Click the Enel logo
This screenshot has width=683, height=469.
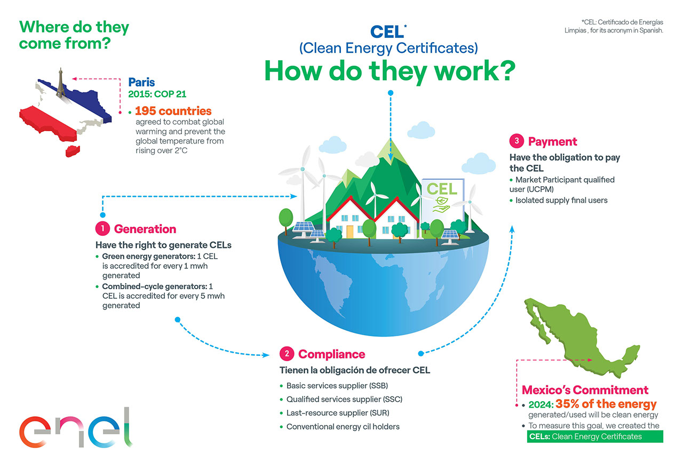tap(76, 427)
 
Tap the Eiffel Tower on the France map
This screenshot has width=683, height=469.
tap(61, 82)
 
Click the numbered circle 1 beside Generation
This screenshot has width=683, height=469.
tap(102, 229)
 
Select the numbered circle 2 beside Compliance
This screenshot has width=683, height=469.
tap(287, 354)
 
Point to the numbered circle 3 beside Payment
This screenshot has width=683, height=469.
tap(517, 141)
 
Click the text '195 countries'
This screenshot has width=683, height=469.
tap(173, 110)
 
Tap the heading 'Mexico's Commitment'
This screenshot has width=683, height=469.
tap(585, 390)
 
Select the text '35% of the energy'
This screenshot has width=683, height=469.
tap(606, 404)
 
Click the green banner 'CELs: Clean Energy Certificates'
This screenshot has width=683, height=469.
tap(595, 436)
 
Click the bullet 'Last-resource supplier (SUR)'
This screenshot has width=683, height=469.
tap(338, 413)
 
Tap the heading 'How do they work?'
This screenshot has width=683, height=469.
tap(390, 71)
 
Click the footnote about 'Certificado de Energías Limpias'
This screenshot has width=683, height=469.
tap(614, 26)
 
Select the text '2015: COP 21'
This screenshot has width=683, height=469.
tap(157, 94)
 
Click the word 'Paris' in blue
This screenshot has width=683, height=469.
tap(141, 82)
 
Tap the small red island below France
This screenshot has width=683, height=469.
tap(73, 151)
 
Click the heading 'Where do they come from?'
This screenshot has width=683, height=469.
tap(74, 35)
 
